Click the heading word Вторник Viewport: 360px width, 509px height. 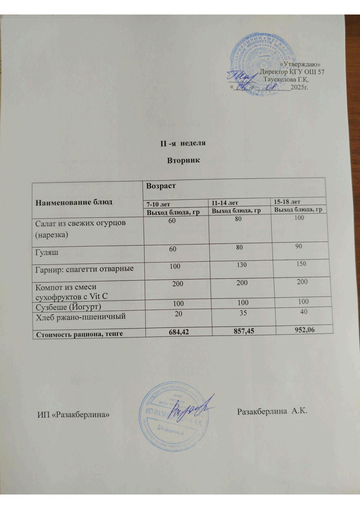(183, 160)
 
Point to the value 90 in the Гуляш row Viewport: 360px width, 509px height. (299, 246)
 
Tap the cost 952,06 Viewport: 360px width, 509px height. (302, 330)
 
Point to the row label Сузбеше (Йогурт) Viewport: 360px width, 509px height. (68, 307)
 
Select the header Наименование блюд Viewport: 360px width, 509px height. (74, 202)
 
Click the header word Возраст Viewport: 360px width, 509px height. (161, 186)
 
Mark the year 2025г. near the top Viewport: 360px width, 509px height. (299, 88)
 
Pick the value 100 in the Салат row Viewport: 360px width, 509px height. (299, 218)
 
